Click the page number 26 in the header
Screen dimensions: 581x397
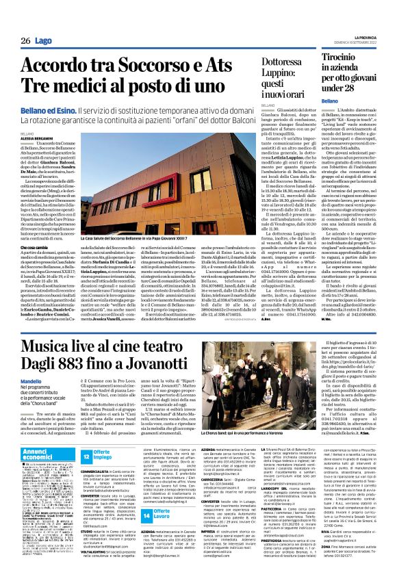point(25,41)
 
